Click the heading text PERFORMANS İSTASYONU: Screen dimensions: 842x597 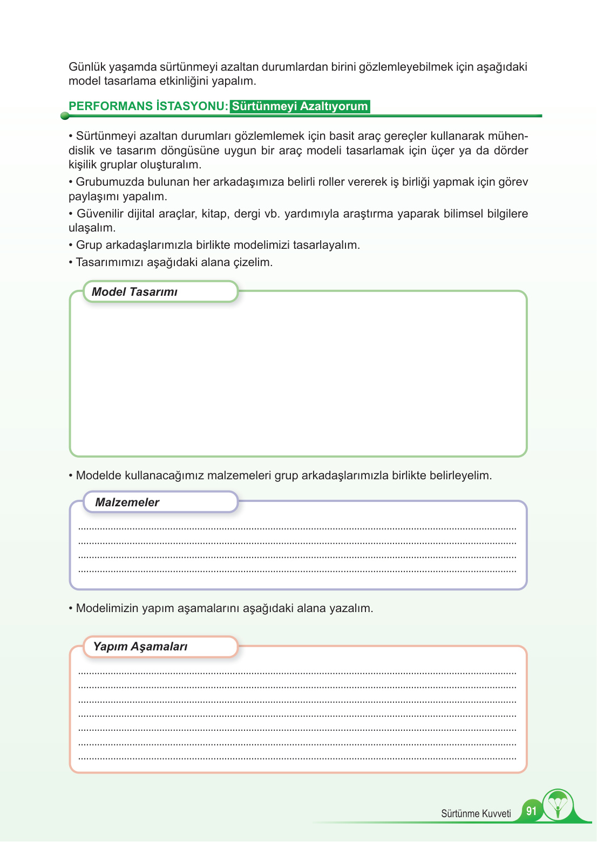[x=148, y=106]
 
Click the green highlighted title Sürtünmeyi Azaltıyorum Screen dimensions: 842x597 [x=300, y=106]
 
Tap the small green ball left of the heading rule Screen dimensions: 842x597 [x=65, y=116]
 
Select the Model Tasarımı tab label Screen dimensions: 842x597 [x=134, y=292]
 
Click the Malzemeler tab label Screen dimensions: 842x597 [x=127, y=503]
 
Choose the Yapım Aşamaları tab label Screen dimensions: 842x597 [x=140, y=647]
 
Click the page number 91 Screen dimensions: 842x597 [x=531, y=811]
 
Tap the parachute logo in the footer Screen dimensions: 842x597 [x=558, y=805]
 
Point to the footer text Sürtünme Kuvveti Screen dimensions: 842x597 [x=476, y=814]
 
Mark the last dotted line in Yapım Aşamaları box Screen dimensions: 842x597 [x=297, y=758]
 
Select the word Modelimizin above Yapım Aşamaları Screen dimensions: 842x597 [x=107, y=608]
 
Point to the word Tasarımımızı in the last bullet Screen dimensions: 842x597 [x=108, y=262]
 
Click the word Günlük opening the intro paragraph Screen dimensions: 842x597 [x=87, y=67]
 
